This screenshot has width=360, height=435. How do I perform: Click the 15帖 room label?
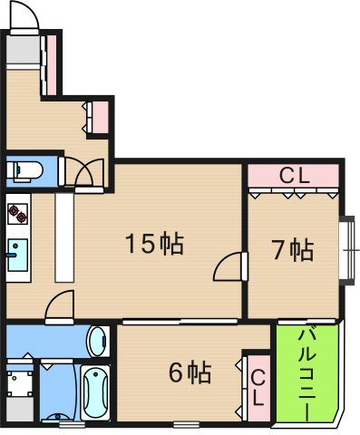point(155,244)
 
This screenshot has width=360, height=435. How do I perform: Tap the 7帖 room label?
point(293,250)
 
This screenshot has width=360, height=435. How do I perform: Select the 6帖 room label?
point(190,372)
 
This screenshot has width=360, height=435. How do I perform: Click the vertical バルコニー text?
point(308,372)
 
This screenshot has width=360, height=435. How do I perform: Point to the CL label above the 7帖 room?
point(293,175)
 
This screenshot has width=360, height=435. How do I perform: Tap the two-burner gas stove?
point(18,214)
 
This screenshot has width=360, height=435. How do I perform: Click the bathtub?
point(95,393)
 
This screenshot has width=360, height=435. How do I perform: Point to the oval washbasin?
point(97,343)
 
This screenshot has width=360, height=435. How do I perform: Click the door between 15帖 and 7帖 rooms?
point(230,267)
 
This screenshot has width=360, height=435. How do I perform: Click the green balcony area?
point(308,399)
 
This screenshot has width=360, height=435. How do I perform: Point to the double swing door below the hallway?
point(89,172)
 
